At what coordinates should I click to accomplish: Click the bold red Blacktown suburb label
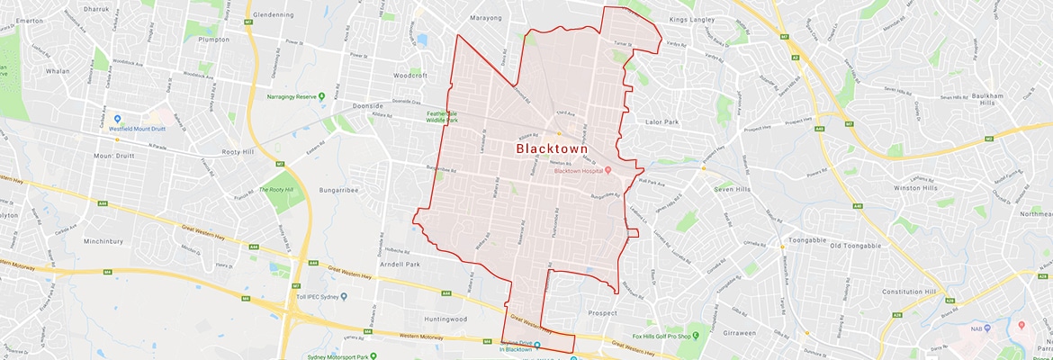coord(551,149)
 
